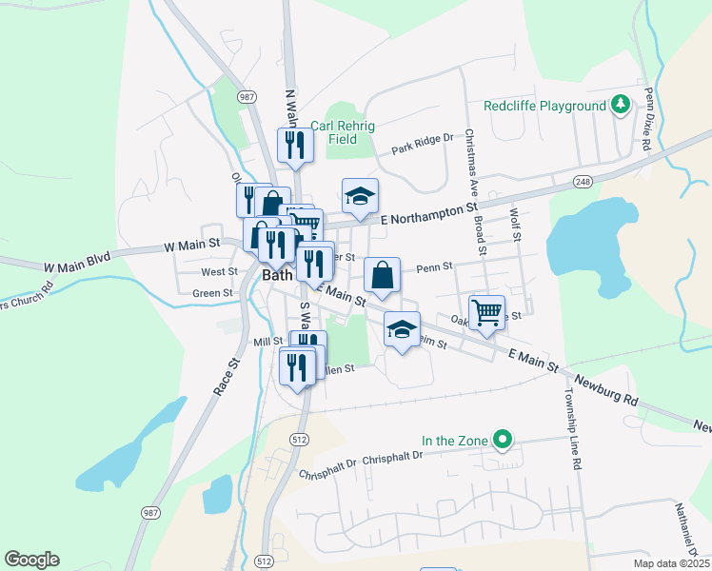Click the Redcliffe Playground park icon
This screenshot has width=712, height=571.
pos(621,104)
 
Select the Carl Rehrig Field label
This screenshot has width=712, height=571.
pos(343,132)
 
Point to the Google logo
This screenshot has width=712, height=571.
pos(31,560)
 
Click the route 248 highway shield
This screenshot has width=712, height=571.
pos(583,181)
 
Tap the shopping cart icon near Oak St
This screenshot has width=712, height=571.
pos(486,311)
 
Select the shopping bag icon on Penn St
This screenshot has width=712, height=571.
pos(382,275)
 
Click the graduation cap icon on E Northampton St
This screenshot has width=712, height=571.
pos(360,195)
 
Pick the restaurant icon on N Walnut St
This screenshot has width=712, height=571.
pos(294,145)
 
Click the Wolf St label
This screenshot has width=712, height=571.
pos(515,225)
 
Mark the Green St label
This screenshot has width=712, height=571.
pos(213,293)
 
